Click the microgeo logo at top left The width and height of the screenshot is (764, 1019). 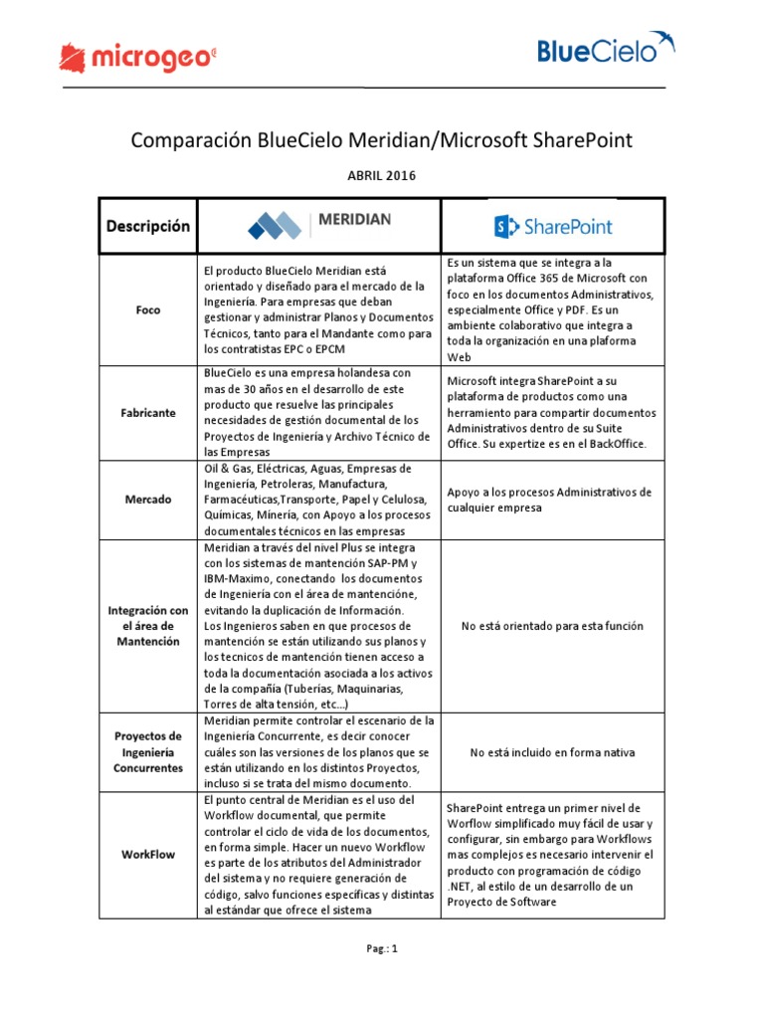137,57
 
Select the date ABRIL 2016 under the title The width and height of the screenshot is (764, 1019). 382,176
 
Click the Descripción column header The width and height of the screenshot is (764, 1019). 147,226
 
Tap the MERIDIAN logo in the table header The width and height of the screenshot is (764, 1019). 317,226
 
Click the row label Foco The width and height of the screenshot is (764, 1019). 147,309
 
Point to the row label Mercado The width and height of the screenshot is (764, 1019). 147,500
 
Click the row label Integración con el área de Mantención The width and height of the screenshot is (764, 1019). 147,625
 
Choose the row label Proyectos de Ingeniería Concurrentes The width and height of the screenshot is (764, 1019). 147,752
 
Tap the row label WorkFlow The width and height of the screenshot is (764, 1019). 147,854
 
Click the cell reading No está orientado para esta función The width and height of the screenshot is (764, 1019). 552,626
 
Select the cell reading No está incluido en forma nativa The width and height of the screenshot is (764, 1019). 552,752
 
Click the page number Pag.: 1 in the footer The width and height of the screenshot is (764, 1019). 381,948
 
